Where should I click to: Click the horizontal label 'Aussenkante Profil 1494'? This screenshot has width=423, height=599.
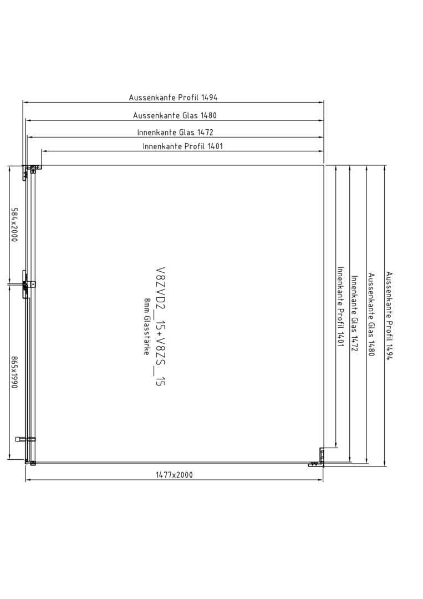pyautogui.click(x=173, y=98)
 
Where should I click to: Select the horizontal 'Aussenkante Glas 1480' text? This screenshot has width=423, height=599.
pyautogui.click(x=175, y=115)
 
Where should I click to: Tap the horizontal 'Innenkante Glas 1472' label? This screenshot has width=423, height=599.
pyautogui.click(x=175, y=132)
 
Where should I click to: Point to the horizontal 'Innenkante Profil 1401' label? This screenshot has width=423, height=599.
pyautogui.click(x=183, y=146)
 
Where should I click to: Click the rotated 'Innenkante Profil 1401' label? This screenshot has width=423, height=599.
pyautogui.click(x=340, y=306)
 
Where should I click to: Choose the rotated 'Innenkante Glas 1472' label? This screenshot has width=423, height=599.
pyautogui.click(x=354, y=313)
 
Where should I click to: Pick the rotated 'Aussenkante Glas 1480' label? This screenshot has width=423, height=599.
pyautogui.click(x=371, y=314)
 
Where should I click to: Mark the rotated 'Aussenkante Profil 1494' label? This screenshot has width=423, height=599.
pyautogui.click(x=389, y=315)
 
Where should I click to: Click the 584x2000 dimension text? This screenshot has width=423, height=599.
pyautogui.click(x=14, y=227)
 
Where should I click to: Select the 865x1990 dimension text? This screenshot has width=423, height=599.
pyautogui.click(x=14, y=373)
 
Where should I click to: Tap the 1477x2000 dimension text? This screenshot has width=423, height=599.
pyautogui.click(x=174, y=475)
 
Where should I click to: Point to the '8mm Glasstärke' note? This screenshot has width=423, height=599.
pyautogui.click(x=146, y=326)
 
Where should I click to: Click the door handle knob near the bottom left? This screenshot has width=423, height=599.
pyautogui.click(x=18, y=439)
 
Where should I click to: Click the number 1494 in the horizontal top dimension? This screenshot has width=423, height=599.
pyautogui.click(x=209, y=98)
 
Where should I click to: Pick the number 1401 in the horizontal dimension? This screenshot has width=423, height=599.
pyautogui.click(x=215, y=146)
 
